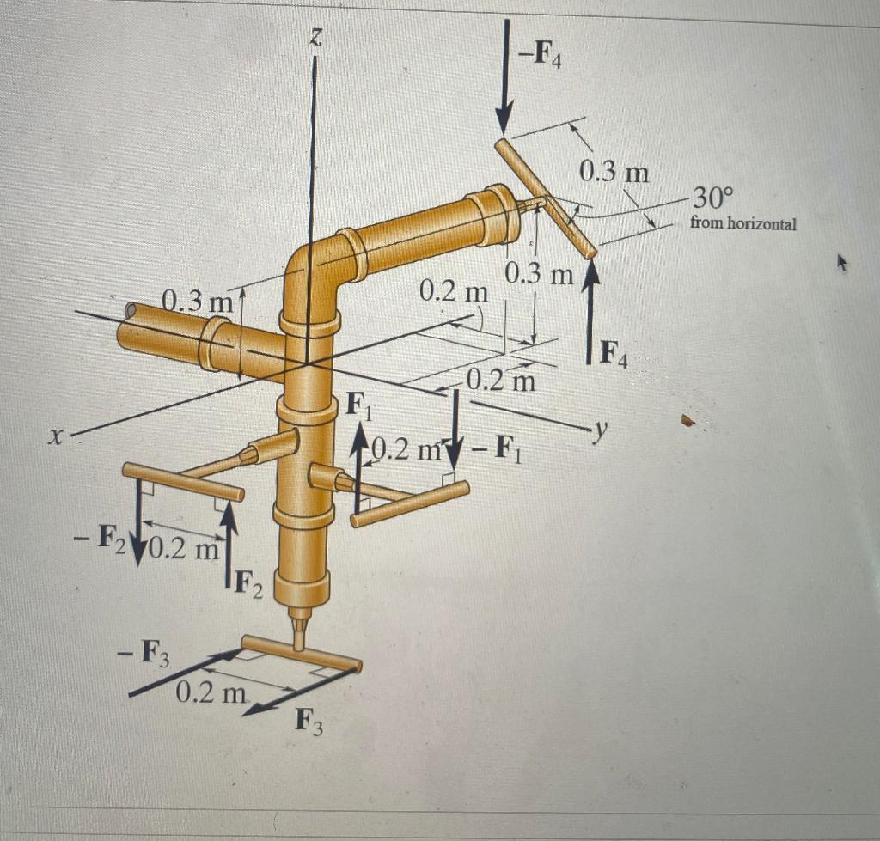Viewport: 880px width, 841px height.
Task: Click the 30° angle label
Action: coord(712,199)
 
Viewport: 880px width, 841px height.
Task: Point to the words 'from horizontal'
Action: coord(742,224)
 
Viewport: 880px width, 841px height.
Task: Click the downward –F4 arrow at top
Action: coord(505,77)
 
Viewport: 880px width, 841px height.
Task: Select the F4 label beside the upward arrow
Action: coord(614,352)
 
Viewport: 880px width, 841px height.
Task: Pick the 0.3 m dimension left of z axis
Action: coord(198,302)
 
